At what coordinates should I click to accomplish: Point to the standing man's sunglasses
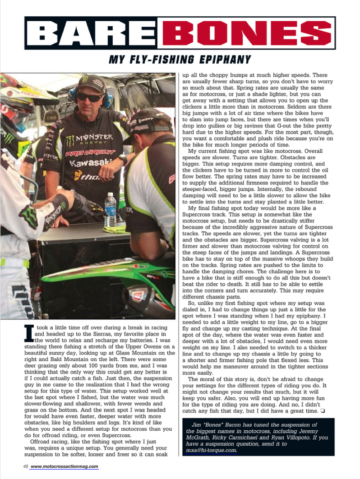(89, 97)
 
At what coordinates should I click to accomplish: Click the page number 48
(25, 466)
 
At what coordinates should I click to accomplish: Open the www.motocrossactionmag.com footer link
(65, 466)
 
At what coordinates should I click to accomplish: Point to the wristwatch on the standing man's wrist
(122, 159)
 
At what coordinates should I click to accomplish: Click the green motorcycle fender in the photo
(113, 271)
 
